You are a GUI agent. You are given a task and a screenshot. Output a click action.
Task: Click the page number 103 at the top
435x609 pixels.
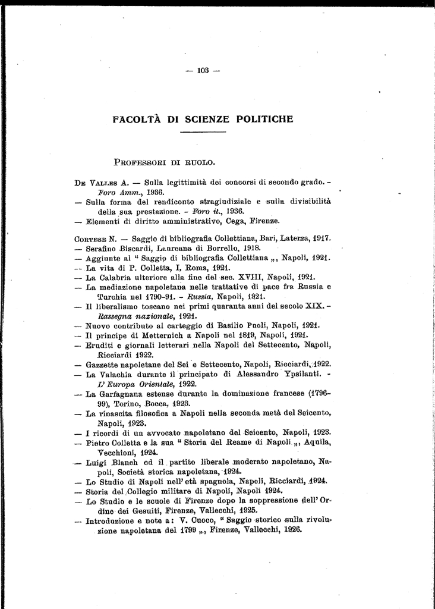point(203,71)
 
